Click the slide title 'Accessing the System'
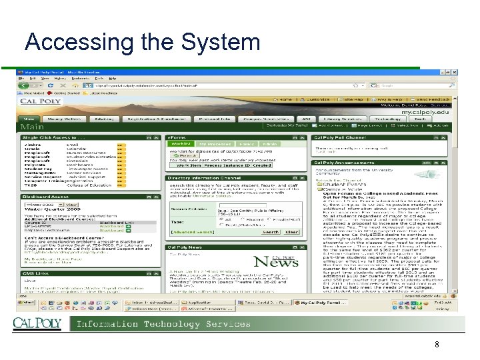point(142,42)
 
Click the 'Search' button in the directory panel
point(271,232)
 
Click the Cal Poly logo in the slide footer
point(37,324)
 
